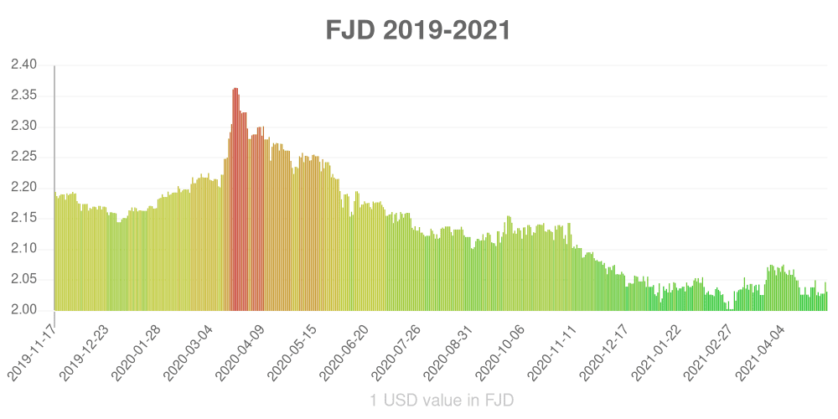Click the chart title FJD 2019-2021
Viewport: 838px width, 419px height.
pos(418,31)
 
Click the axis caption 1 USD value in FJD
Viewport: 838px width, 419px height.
pos(442,401)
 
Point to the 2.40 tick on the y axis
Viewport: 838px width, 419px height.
pos(24,65)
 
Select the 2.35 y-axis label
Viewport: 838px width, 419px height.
pos(24,96)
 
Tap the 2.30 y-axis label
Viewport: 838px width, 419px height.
pos(24,127)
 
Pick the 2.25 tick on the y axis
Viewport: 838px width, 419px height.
pos(24,157)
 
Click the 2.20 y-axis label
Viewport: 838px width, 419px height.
pos(24,188)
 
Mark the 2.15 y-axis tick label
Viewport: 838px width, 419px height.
pos(24,218)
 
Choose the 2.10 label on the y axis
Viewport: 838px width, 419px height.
pos(24,249)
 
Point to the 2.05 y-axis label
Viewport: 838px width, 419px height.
pos(24,279)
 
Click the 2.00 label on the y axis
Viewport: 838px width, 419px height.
pos(24,310)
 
